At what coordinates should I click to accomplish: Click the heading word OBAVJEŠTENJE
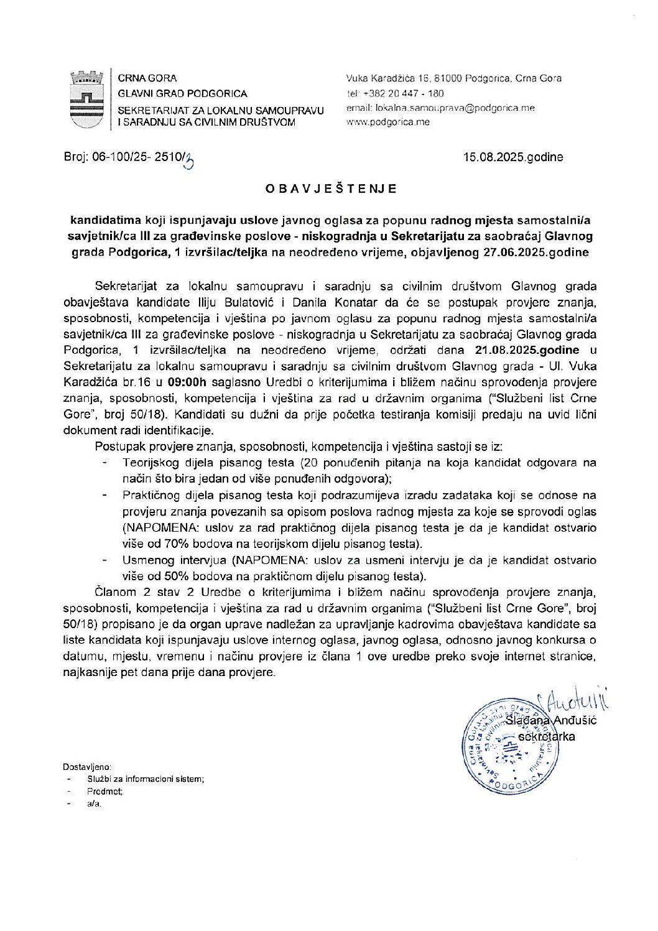click(x=330, y=188)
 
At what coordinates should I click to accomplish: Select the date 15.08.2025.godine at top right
click(x=513, y=157)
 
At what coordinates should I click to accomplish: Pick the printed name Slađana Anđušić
click(x=551, y=720)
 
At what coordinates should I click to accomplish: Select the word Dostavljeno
click(x=87, y=767)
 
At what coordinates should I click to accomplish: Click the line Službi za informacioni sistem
click(x=146, y=779)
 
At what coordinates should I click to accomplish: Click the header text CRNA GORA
click(x=147, y=78)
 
